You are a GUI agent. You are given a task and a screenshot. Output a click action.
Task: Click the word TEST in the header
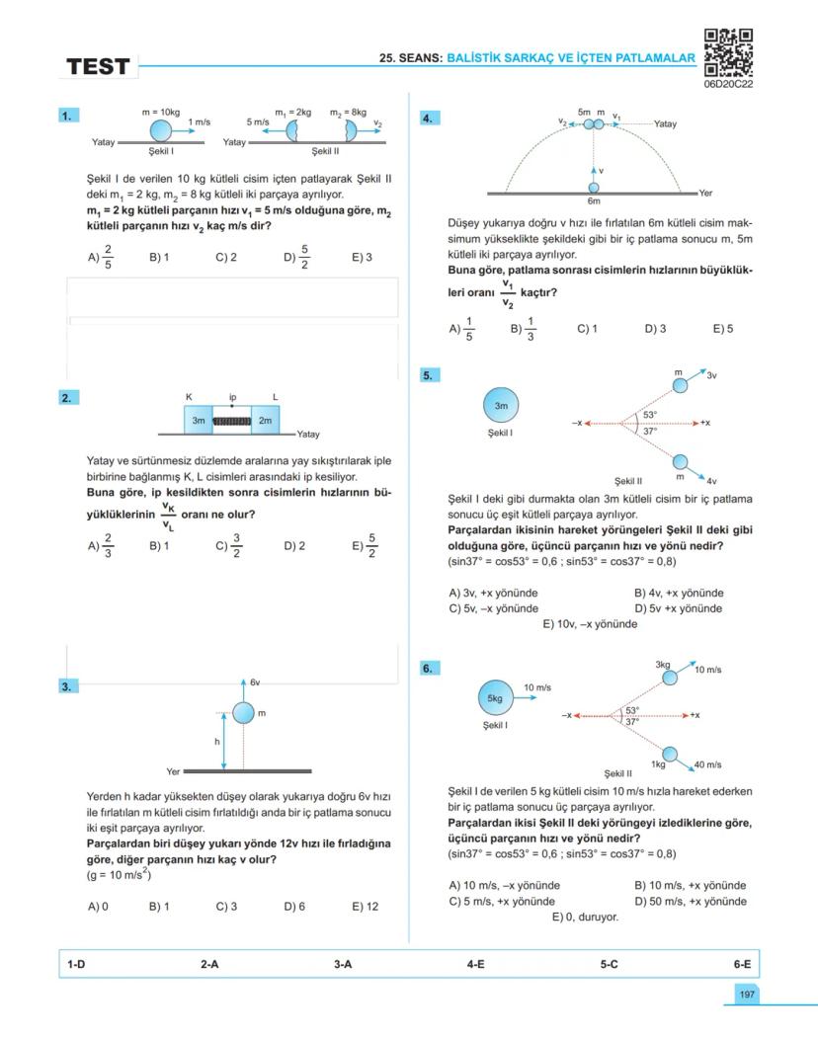coord(98,67)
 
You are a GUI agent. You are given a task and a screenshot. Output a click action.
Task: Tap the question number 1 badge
coord(68,117)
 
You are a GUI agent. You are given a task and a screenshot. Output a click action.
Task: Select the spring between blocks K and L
coord(232,421)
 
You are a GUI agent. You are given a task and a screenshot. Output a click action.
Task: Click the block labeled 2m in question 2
coord(265,421)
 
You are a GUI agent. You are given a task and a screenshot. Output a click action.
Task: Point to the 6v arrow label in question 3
coord(254,682)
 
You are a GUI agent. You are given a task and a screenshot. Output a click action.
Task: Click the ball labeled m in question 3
coord(243,713)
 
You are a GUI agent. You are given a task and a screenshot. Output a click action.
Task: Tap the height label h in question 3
coord(217,741)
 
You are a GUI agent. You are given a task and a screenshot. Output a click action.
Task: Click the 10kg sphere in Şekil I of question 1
coord(161,130)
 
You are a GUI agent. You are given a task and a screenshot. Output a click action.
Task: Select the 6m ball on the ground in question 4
coord(594,187)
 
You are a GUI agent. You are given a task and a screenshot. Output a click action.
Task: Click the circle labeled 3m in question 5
coord(501,404)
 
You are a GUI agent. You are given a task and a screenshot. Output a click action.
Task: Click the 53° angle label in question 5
coord(649,415)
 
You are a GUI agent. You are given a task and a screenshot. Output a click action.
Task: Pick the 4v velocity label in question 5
coord(711,480)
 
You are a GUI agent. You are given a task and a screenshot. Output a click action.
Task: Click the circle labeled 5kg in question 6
coord(495,697)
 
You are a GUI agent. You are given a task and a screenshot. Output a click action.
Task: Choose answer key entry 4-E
coord(475,963)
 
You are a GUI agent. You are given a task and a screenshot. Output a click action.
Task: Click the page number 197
coord(747,996)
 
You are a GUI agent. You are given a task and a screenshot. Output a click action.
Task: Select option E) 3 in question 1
coord(362,258)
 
